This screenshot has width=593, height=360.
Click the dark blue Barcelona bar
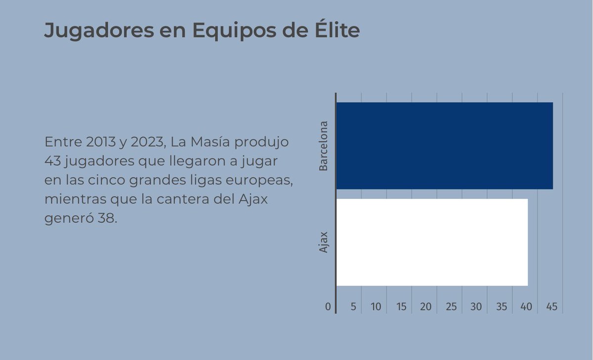click(x=444, y=146)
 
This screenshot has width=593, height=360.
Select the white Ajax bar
click(x=432, y=242)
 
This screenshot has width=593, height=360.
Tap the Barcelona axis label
click(x=324, y=146)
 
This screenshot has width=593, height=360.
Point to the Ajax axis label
click(x=324, y=242)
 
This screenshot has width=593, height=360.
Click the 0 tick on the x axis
click(x=328, y=307)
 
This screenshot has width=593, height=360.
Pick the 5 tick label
click(x=353, y=307)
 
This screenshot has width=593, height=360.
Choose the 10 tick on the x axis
click(x=376, y=307)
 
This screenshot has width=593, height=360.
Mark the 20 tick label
click(x=426, y=307)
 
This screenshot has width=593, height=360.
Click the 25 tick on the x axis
click(x=451, y=307)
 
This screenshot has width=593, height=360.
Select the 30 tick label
click(x=476, y=307)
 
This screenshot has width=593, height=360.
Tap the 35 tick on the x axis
click(x=502, y=307)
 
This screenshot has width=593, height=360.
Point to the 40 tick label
click(x=527, y=307)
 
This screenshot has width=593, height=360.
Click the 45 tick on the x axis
click(x=552, y=307)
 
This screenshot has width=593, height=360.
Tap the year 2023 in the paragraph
click(x=147, y=142)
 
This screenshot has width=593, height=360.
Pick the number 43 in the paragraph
click(x=52, y=161)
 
